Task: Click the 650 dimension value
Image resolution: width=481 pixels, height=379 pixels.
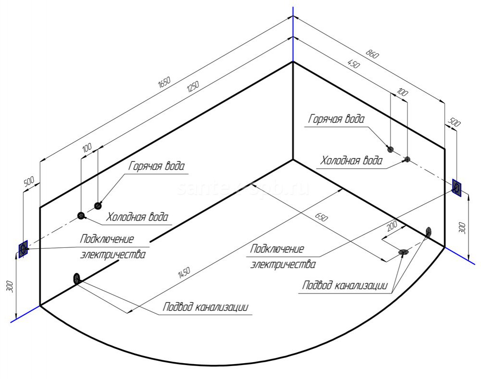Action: tap(321, 218)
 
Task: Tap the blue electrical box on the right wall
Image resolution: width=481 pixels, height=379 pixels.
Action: tap(457, 187)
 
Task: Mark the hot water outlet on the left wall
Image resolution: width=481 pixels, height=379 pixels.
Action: tap(98, 206)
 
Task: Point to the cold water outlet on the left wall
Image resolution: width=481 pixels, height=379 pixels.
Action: tap(81, 215)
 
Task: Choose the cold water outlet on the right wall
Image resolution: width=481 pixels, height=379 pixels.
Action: tap(407, 159)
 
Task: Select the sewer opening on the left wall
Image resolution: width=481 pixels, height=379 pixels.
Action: tap(76, 278)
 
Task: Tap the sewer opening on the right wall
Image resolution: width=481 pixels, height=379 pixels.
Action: tap(428, 232)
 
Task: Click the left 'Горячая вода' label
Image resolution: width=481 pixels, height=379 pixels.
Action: tap(156, 167)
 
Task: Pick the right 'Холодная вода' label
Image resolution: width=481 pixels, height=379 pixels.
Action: tap(351, 160)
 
